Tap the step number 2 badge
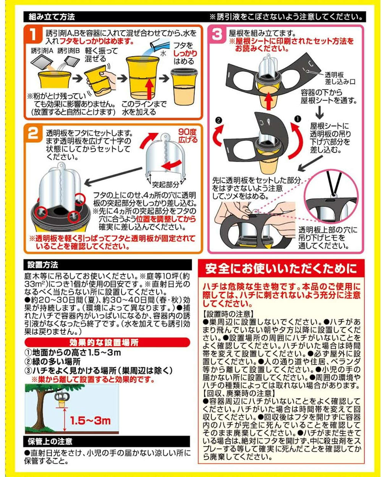[x=34, y=133]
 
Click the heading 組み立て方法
[x=52, y=17]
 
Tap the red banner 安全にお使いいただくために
[x=281, y=269]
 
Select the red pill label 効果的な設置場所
[x=107, y=342]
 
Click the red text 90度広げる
[x=188, y=136]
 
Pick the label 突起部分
[x=165, y=184]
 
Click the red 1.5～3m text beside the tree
[x=90, y=421]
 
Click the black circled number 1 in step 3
[x=298, y=119]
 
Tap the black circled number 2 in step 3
[x=219, y=120]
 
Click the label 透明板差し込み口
[x=340, y=78]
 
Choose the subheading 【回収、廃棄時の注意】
[x=239, y=394]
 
